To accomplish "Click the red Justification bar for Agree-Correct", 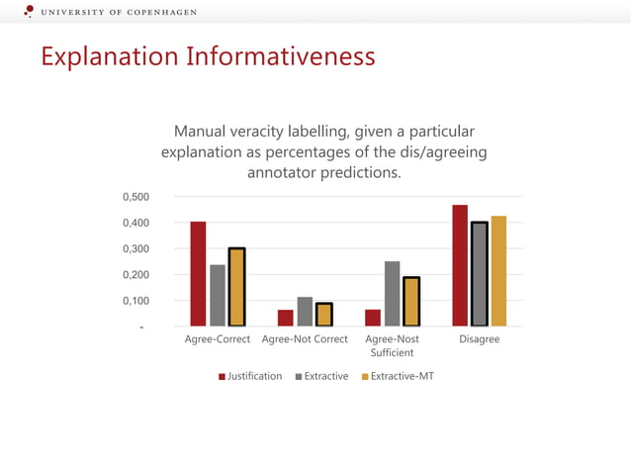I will coord(198,274).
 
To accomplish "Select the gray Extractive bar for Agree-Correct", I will coord(218,295).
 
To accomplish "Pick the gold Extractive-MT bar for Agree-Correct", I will coord(236,287).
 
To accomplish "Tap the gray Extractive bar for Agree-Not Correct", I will coord(305,312).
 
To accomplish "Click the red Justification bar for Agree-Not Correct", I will coord(286,318).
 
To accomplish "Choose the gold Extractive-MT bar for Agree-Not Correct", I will coord(324,315).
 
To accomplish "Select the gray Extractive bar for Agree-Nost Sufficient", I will coord(393,294).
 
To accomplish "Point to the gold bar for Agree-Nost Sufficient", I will coord(411,302).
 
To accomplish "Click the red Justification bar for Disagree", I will coord(460,265).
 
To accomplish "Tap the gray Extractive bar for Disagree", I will coord(480,274).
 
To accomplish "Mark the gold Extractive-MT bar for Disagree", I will coord(498,271).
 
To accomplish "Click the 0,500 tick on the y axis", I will coord(135,197).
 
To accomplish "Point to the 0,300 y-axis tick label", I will coord(135,249).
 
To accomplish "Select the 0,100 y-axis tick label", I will coord(135,301).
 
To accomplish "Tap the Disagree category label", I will coord(480,339).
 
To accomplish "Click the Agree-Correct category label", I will coord(218,339).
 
